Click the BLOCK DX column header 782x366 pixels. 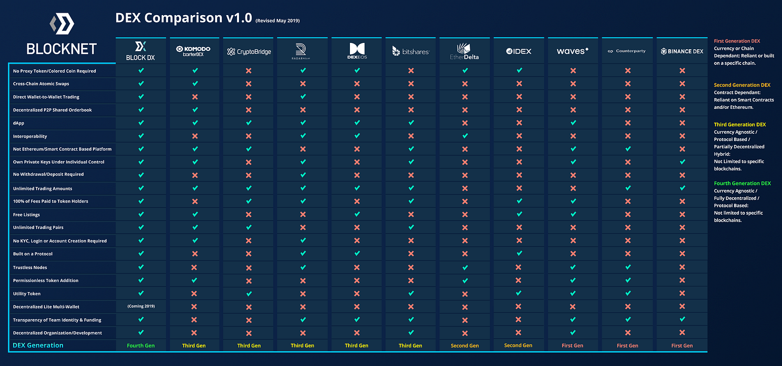click(x=141, y=51)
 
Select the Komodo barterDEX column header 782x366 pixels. click(x=194, y=51)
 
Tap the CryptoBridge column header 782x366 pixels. click(x=249, y=51)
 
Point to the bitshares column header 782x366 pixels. click(x=411, y=51)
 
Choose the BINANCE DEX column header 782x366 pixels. click(x=682, y=51)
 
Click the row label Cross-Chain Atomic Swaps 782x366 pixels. click(x=41, y=84)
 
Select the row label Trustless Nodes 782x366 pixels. click(x=30, y=267)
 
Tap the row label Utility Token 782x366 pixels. click(x=27, y=294)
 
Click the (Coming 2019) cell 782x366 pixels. click(x=141, y=306)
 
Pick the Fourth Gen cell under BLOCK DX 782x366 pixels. click(x=141, y=346)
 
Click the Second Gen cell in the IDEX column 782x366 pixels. click(x=518, y=346)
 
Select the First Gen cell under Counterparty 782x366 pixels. click(x=628, y=346)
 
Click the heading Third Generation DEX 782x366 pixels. click(x=740, y=124)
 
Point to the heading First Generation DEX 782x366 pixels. click(x=737, y=41)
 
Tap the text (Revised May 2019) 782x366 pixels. click(x=278, y=20)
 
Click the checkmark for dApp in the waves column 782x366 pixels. click(x=573, y=123)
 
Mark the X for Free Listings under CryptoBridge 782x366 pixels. click(x=249, y=214)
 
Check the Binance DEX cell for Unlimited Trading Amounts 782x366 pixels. click(x=682, y=188)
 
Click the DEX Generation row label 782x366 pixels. click(x=38, y=346)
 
